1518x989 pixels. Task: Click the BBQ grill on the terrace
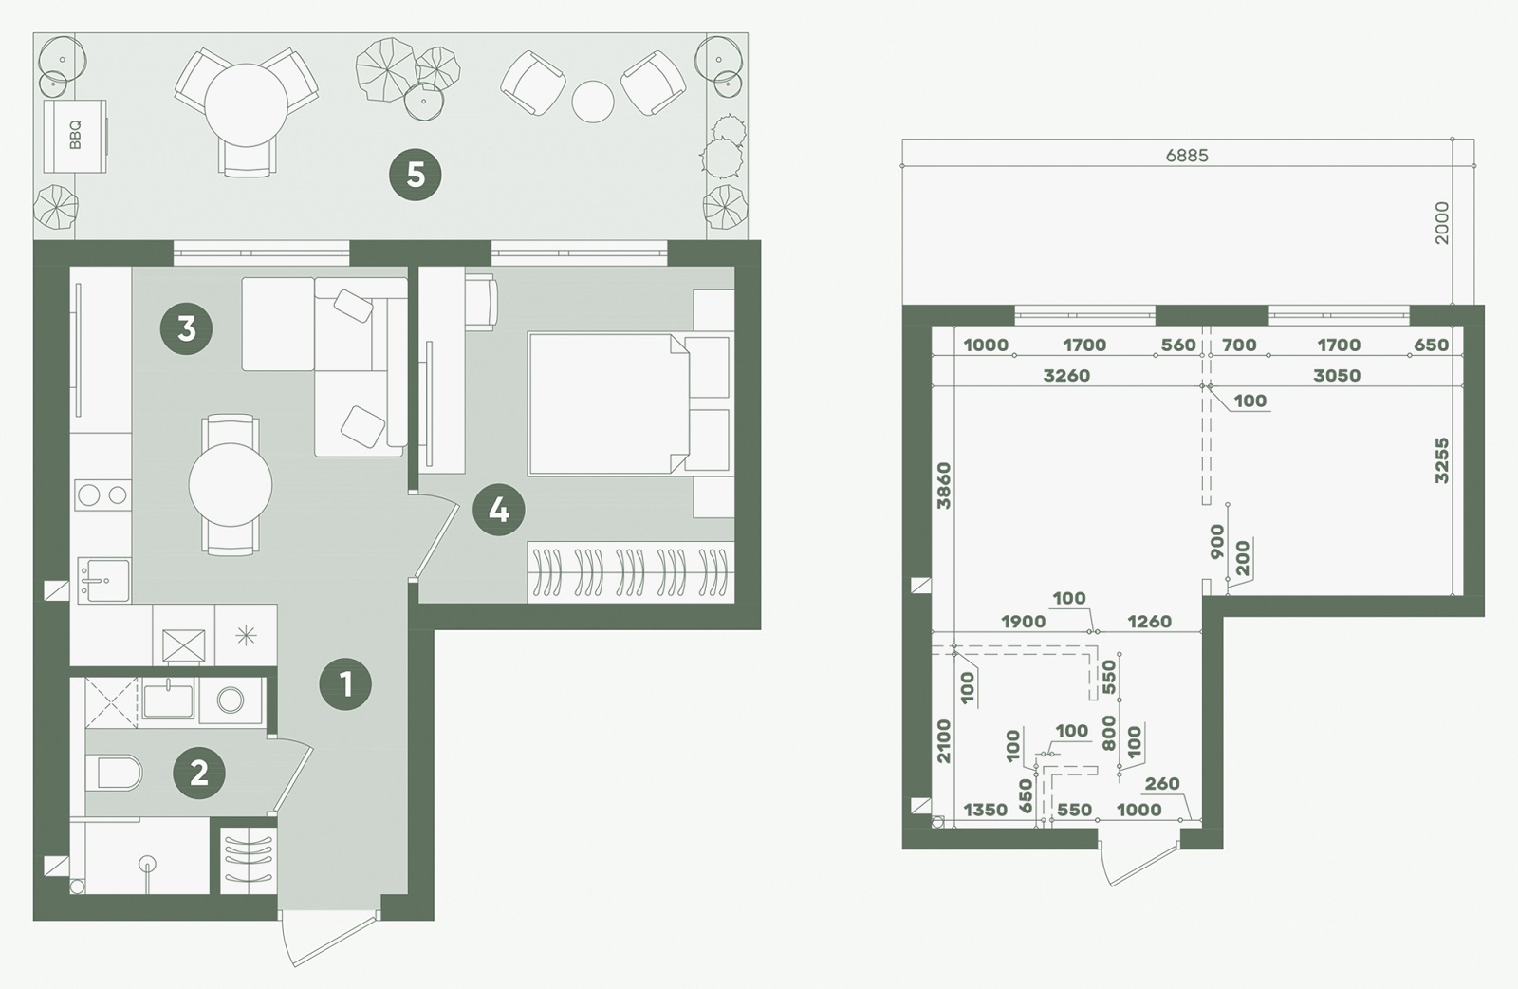[75, 137]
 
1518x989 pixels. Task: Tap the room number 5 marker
[415, 176]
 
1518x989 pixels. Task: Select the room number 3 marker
[186, 329]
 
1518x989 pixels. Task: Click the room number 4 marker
[499, 510]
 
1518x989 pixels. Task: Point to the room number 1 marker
[345, 684]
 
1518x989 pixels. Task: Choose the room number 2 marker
[198, 773]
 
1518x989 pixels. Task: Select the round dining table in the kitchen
[231, 485]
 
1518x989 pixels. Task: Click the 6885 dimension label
[1187, 156]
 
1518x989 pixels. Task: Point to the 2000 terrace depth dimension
[1441, 223]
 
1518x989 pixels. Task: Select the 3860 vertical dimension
[943, 485]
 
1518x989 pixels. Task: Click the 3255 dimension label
[1441, 461]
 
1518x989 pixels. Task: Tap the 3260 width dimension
[1066, 376]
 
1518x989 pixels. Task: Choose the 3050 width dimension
[1337, 376]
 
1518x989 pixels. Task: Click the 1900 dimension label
[1024, 621]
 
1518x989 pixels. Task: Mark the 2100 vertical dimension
[943, 741]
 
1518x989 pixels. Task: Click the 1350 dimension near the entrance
[986, 810]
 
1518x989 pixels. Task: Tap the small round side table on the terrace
[593, 102]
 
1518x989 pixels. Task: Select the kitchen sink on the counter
[104, 580]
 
